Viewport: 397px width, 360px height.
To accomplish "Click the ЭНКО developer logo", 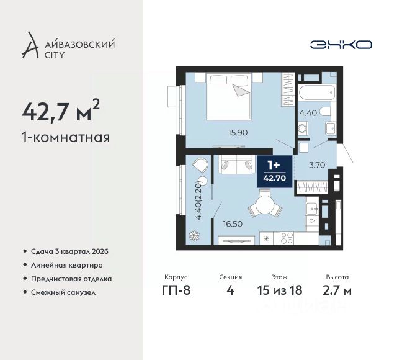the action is pos(341,45).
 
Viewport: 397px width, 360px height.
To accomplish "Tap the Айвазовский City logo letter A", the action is pos(30,45).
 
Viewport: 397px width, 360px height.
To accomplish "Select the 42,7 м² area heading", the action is pos(61,110).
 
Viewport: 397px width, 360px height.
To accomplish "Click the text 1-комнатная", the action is pos(66,138).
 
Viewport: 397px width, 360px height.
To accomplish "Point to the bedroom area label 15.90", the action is pos(238,132).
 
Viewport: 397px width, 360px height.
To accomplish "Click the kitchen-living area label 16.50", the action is pos(233,224).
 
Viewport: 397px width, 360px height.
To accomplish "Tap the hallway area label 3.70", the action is pos(317,165).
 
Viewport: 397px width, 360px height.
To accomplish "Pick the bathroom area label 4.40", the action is pos(308,113).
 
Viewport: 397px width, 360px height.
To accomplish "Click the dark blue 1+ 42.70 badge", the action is pos(275,171).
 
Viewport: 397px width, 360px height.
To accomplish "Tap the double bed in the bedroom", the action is pos(229,96).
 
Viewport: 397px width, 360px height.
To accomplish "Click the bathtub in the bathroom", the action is pos(317,93).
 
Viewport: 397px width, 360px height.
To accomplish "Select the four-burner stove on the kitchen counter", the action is pos(287,238).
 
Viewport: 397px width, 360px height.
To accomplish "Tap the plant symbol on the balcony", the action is pos(195,236).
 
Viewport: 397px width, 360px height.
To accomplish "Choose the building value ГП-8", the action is pos(176,290).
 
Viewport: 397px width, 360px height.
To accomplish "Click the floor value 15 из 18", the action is pos(280,290).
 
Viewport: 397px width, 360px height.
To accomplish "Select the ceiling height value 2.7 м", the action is pos(337,290).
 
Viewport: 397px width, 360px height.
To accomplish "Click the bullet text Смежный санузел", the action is pos(63,292).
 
